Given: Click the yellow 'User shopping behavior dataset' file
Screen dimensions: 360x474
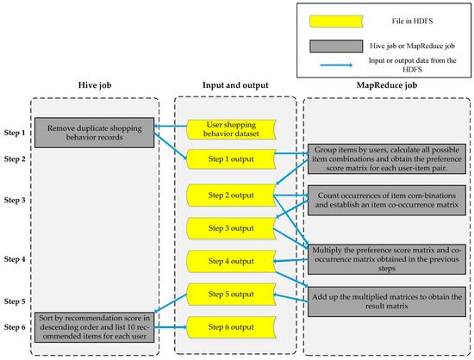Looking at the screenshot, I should (230, 128).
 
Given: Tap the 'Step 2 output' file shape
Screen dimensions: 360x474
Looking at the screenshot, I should (230, 196).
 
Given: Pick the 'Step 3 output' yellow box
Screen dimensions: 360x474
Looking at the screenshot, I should (230, 228).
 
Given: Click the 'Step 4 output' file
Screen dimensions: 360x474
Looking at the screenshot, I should (230, 259).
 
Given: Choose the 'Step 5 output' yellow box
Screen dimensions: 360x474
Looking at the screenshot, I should (230, 294).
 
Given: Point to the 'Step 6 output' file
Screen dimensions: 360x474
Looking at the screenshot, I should (230, 326).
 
